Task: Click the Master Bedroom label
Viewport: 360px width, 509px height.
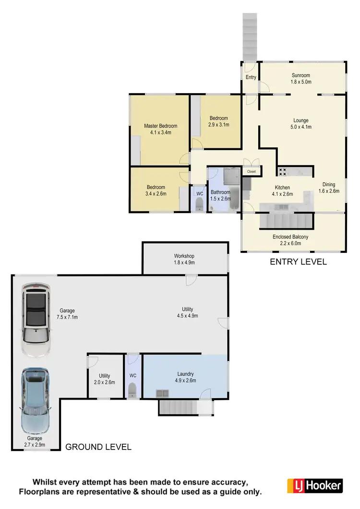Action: pos(161,129)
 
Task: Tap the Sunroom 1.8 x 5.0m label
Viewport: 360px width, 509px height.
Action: pos(300,79)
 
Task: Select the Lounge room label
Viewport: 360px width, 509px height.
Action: pos(301,124)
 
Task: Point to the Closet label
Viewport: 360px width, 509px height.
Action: pos(252,171)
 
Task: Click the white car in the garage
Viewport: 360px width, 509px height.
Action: pos(36,319)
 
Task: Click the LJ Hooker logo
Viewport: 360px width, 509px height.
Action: pos(314,485)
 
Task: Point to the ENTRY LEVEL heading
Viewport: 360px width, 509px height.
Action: pos(298,262)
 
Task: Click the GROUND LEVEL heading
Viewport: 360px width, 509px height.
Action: pos(98,447)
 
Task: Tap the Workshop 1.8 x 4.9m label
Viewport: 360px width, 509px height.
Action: pos(184,259)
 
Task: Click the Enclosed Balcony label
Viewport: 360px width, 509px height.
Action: pos(290,240)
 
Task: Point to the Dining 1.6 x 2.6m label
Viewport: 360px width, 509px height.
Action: pos(329,188)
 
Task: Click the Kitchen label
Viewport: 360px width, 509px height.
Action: pos(282,191)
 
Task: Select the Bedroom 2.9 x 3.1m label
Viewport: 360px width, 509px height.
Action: pos(218,121)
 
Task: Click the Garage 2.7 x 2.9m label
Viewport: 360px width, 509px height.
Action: pos(35,441)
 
